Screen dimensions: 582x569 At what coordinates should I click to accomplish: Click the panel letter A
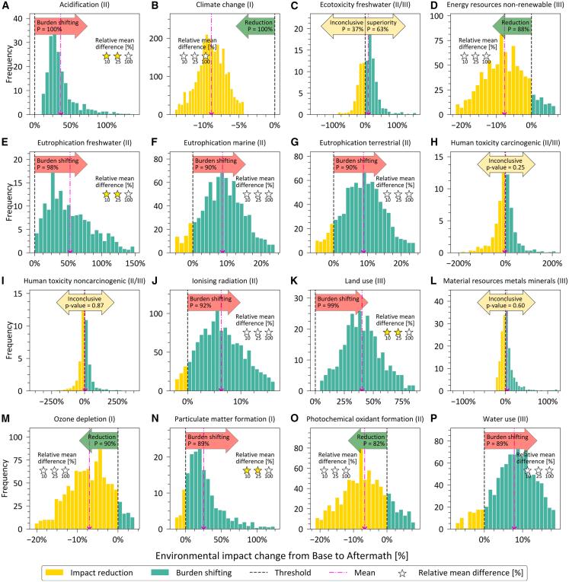7,7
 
